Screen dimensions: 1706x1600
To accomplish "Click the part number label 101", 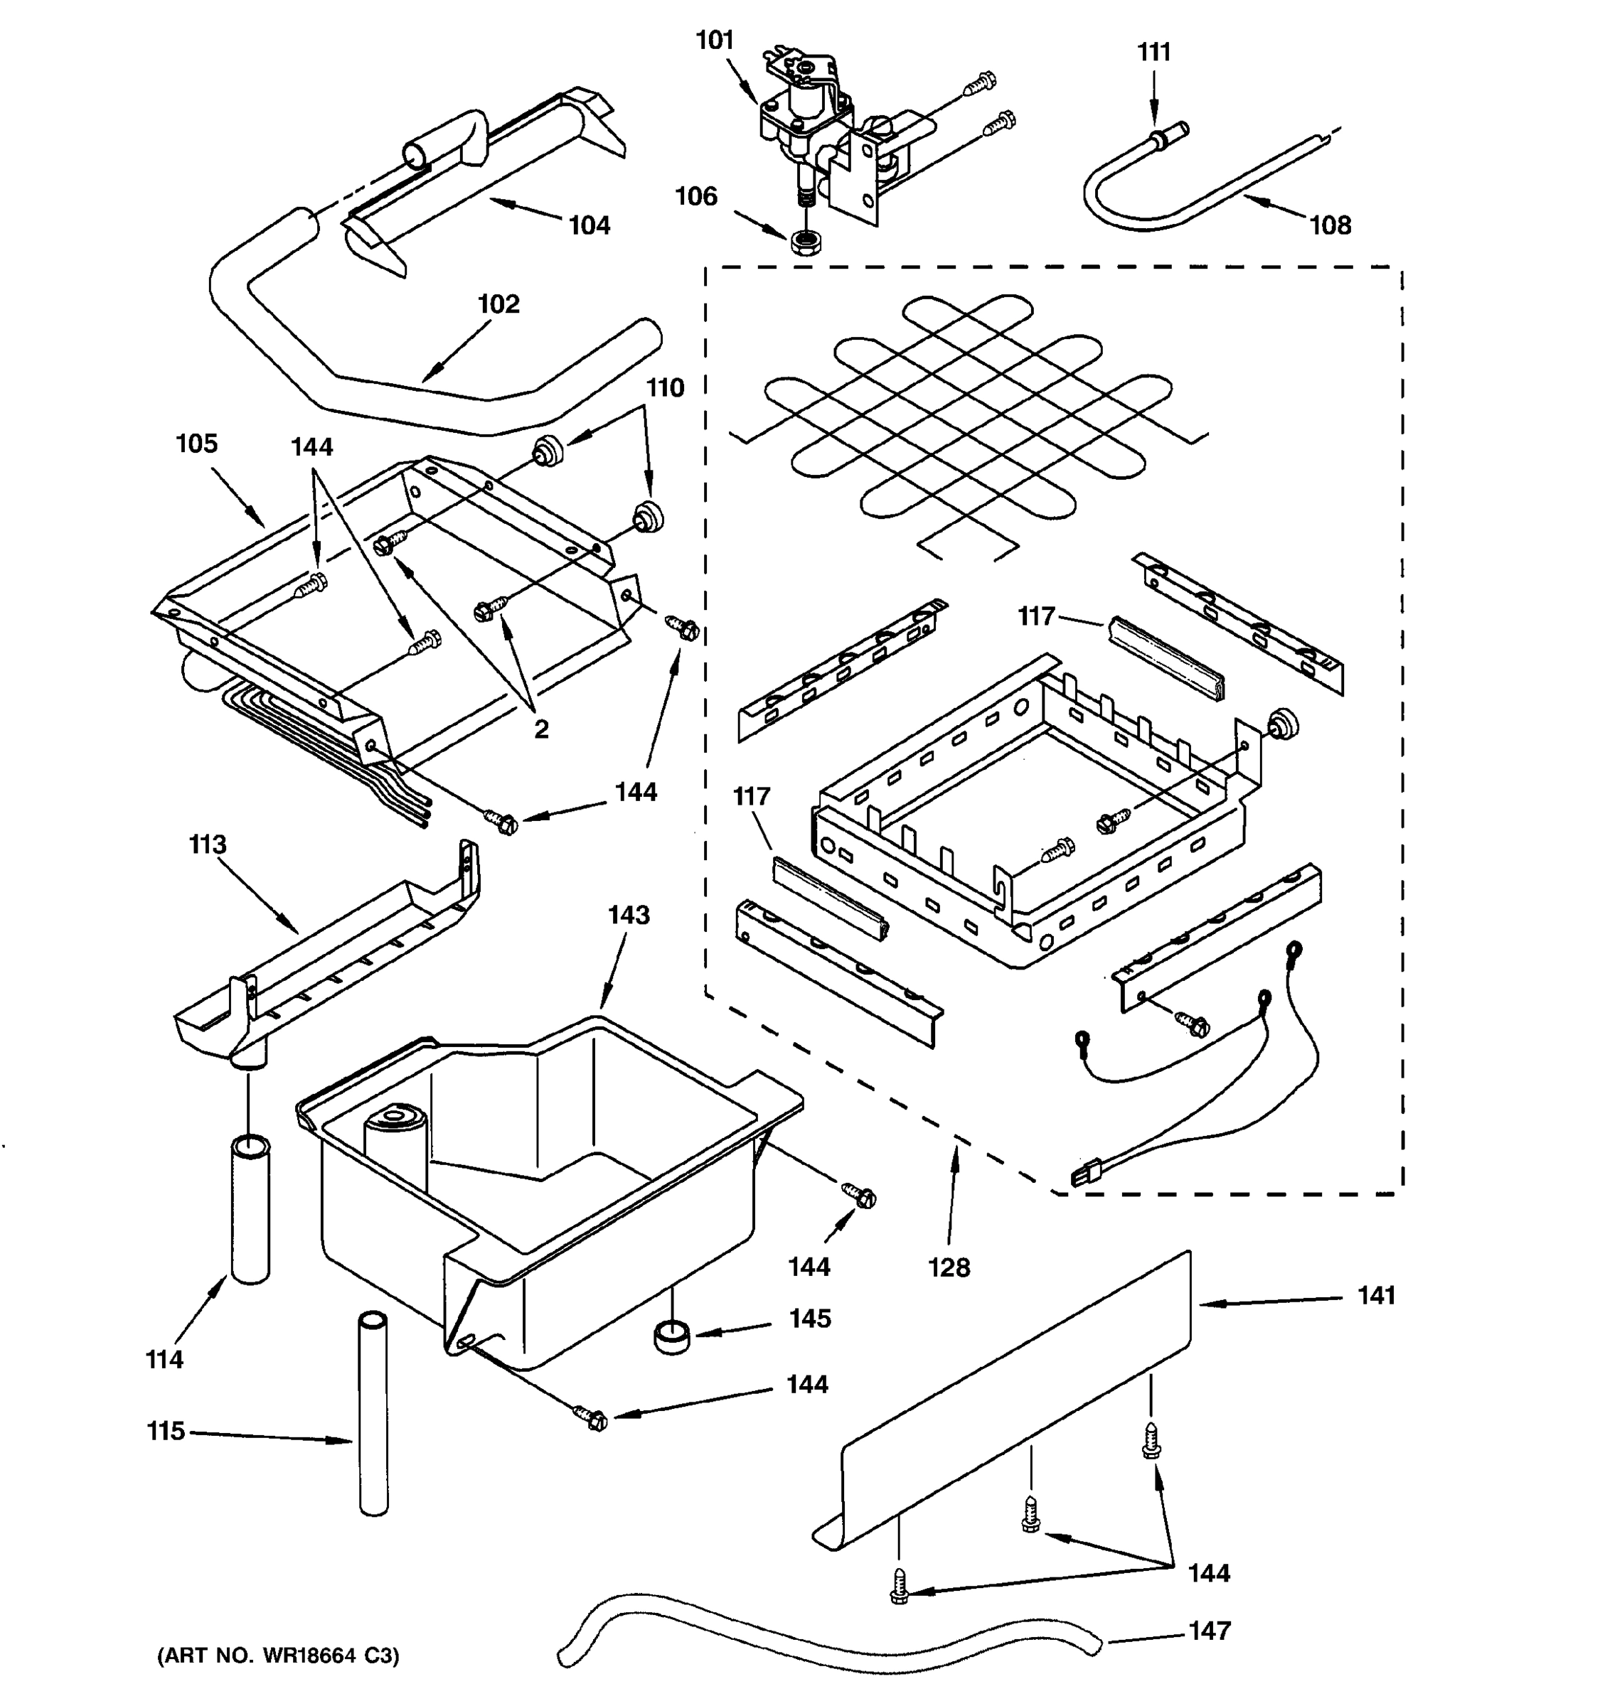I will click(x=714, y=41).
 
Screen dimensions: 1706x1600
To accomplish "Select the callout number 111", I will click(x=1153, y=53).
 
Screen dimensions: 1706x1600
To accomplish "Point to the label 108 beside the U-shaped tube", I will click(x=1330, y=226).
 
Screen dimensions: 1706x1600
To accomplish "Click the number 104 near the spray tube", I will click(x=590, y=226).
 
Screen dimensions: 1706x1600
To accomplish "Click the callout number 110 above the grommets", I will click(x=665, y=388).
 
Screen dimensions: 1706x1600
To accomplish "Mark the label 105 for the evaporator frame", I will click(x=196, y=444).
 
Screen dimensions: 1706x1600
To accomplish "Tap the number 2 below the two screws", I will click(x=540, y=729).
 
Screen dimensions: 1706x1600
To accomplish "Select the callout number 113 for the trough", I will click(x=208, y=844).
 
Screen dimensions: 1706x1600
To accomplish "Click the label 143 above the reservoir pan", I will click(x=629, y=916).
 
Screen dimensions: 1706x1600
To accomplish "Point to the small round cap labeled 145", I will click(x=672, y=1338).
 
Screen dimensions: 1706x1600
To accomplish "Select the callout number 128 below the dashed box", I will click(x=949, y=1267).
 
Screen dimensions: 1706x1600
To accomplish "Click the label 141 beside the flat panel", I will click(x=1376, y=1296).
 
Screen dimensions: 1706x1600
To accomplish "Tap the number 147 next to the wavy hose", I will click(x=1210, y=1631).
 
